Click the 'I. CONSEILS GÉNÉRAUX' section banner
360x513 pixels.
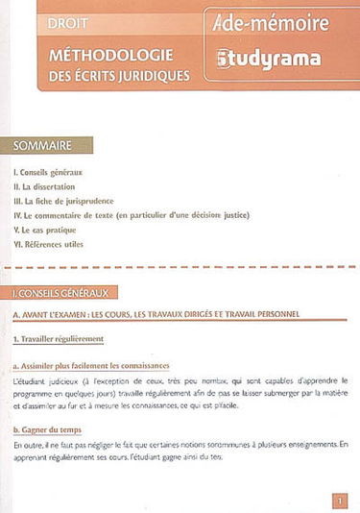click(61, 290)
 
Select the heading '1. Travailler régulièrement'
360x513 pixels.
click(60, 339)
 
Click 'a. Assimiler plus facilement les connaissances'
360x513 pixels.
click(91, 366)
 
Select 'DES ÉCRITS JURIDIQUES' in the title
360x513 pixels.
click(113, 74)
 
